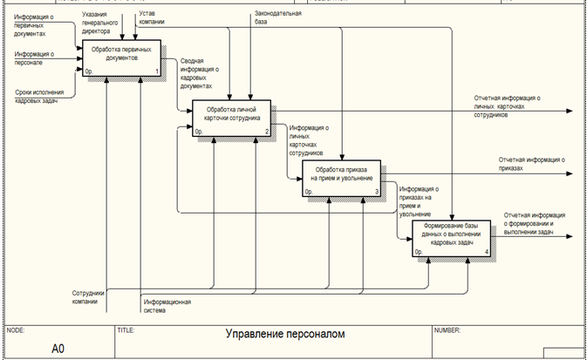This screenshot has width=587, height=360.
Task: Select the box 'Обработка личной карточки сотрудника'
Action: [x=231, y=118]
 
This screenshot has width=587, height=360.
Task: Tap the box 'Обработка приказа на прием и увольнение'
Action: [x=341, y=177]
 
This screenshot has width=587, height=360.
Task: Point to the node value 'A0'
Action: [x=58, y=348]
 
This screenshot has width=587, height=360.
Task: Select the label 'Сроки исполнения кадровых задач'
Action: [x=43, y=94]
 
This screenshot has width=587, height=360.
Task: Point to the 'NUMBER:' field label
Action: [x=447, y=330]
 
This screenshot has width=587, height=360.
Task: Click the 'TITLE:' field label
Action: [x=126, y=330]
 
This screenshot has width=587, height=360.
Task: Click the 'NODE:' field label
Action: [x=16, y=330]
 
